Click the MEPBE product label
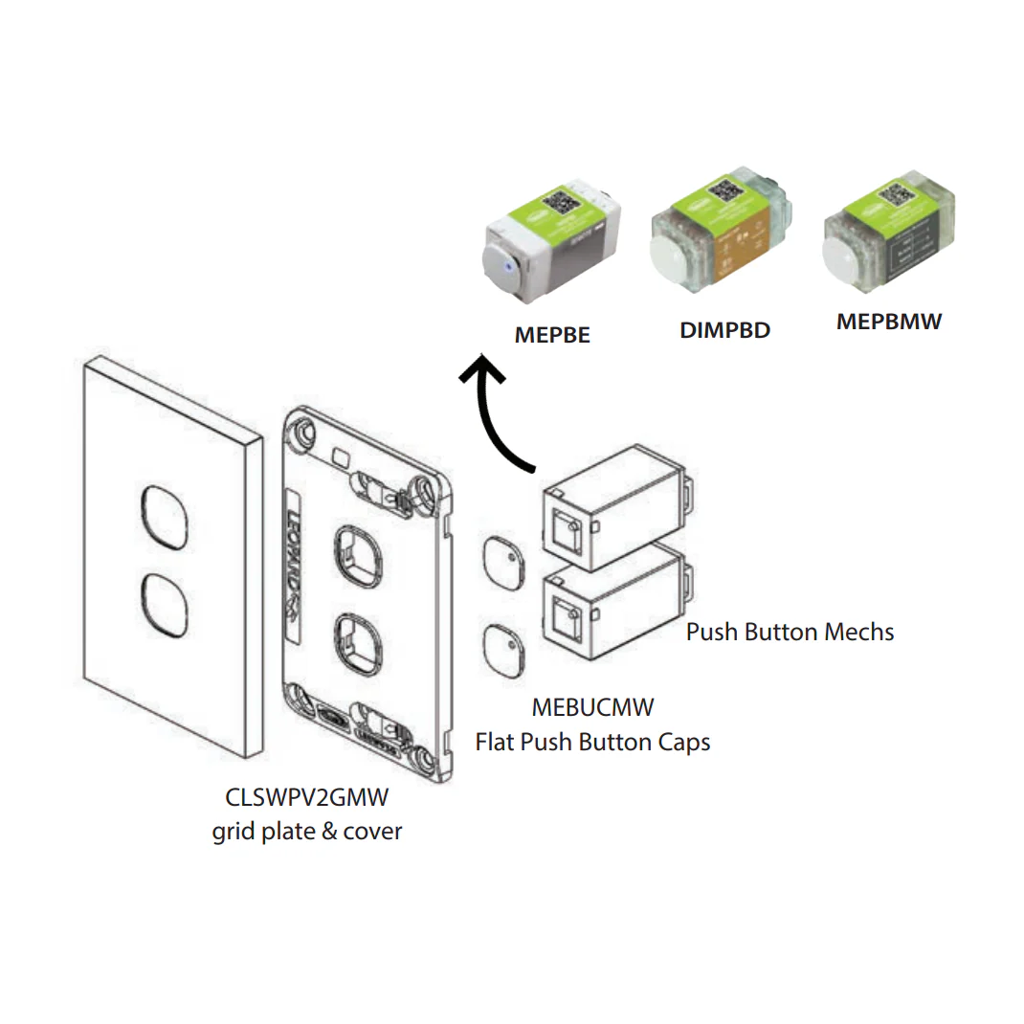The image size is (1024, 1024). (552, 335)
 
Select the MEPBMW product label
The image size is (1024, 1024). (889, 322)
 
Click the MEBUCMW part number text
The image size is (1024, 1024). (593, 708)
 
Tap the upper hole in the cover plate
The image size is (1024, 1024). (164, 517)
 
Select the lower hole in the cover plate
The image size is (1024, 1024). (164, 605)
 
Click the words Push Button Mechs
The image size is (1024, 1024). (790, 632)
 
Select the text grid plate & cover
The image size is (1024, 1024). (307, 831)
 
